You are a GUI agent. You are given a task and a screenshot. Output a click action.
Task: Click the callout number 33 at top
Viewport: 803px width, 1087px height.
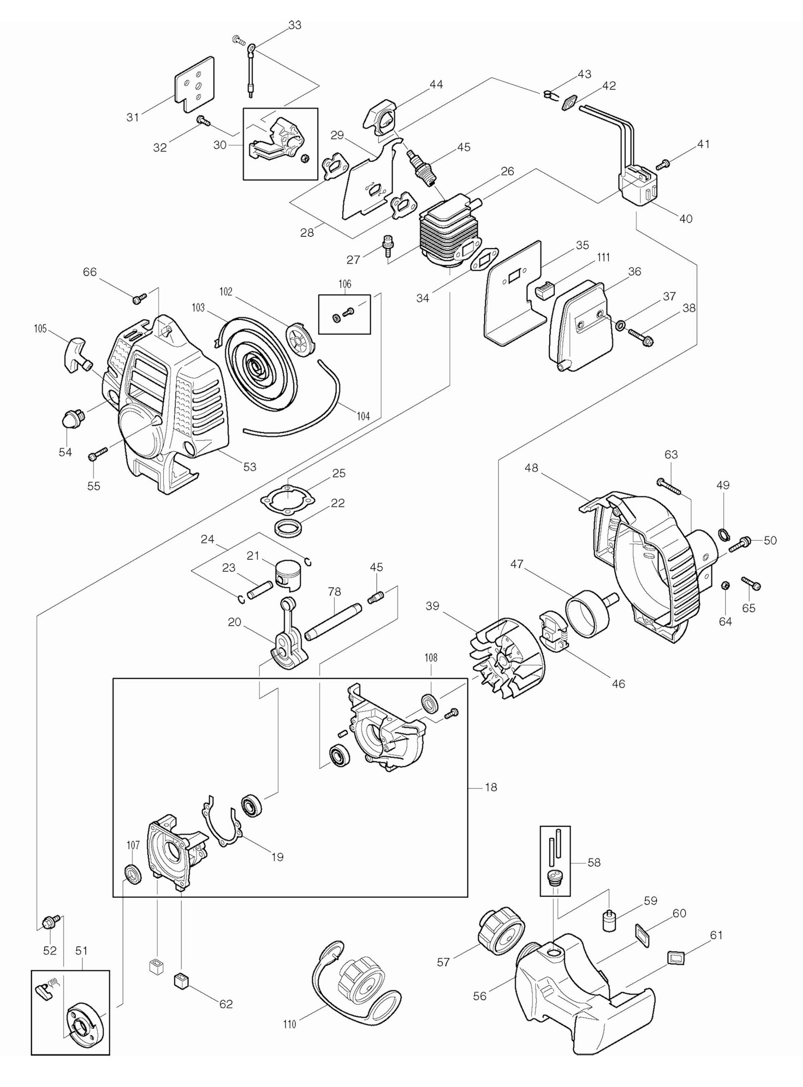295,25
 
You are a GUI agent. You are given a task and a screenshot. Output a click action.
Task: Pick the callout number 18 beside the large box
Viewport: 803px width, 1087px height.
491,787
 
